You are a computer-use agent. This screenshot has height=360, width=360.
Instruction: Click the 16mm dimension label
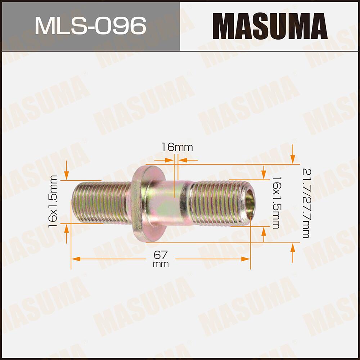[x=177, y=147]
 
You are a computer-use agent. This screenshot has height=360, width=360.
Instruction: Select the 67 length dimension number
[x=161, y=255]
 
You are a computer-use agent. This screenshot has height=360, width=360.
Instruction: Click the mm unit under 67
[x=161, y=264]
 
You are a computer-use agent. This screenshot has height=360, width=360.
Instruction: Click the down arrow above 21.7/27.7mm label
[x=293, y=158]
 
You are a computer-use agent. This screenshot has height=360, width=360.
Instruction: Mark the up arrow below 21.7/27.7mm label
[x=293, y=249]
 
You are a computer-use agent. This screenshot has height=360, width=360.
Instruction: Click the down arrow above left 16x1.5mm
[x=67, y=175]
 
